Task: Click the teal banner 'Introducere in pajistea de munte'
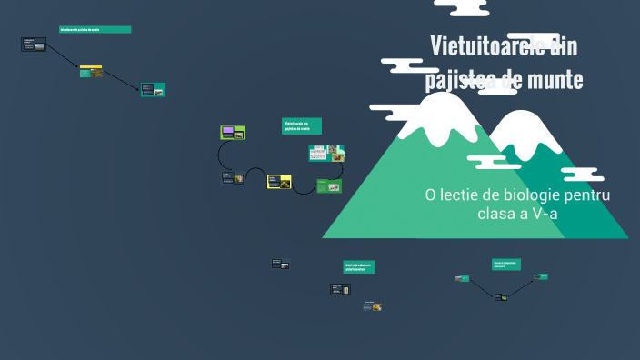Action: [x=95, y=29]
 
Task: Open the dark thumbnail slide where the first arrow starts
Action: [x=34, y=44]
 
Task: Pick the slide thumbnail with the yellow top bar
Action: [x=90, y=70]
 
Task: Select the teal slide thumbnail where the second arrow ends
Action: [x=153, y=90]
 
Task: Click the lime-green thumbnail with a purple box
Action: [x=233, y=133]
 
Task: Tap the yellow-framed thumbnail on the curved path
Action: [x=279, y=182]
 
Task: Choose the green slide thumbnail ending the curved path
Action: [x=328, y=186]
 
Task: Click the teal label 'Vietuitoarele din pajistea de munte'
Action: [x=302, y=126]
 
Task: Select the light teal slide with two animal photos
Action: [x=326, y=153]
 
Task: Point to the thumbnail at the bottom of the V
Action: [x=500, y=296]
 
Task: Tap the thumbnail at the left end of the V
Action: [x=462, y=278]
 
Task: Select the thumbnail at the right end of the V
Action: [x=540, y=276]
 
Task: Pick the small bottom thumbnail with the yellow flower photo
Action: [x=372, y=306]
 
